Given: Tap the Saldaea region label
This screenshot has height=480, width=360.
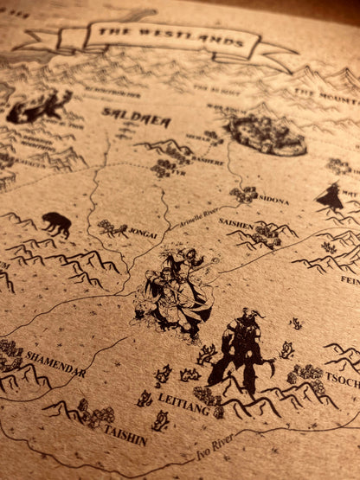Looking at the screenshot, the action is pyautogui.click(x=124, y=112).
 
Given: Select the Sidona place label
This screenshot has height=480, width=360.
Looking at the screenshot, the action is pyautogui.click(x=273, y=201).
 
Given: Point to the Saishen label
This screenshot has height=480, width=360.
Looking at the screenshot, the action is pyautogui.click(x=237, y=221).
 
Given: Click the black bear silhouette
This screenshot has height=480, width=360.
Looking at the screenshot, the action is pyautogui.click(x=55, y=224).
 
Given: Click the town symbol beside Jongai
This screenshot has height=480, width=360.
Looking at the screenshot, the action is pyautogui.click(x=112, y=228).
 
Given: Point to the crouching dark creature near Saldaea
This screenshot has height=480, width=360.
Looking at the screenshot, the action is pyautogui.click(x=40, y=105).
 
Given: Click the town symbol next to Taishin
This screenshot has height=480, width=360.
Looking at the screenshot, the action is pyautogui.click(x=93, y=414).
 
